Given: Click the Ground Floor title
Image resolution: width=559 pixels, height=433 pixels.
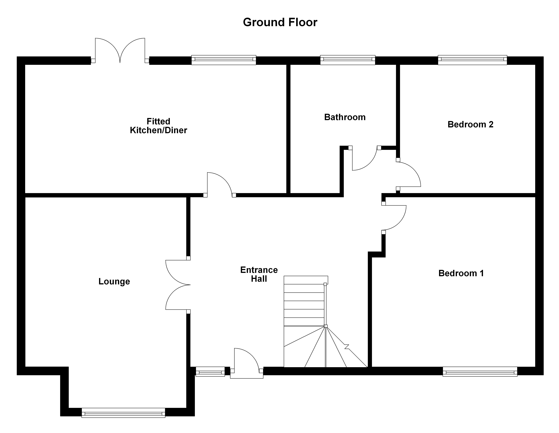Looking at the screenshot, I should (280, 22).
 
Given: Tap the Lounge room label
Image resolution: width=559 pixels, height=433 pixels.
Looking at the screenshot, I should (114, 281).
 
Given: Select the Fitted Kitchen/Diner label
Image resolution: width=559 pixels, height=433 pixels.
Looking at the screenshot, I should (158, 126).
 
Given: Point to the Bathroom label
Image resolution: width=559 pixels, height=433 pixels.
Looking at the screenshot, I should (345, 117).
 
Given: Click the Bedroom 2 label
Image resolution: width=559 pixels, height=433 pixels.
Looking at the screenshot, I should (470, 124).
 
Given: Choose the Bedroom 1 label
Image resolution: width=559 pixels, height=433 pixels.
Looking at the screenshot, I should (461, 273).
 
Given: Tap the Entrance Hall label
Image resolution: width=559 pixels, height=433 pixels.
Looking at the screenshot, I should (259, 274).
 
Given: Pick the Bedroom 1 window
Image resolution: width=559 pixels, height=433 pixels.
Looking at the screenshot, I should (480, 371).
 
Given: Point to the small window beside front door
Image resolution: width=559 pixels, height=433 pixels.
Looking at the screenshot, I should (210, 371).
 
